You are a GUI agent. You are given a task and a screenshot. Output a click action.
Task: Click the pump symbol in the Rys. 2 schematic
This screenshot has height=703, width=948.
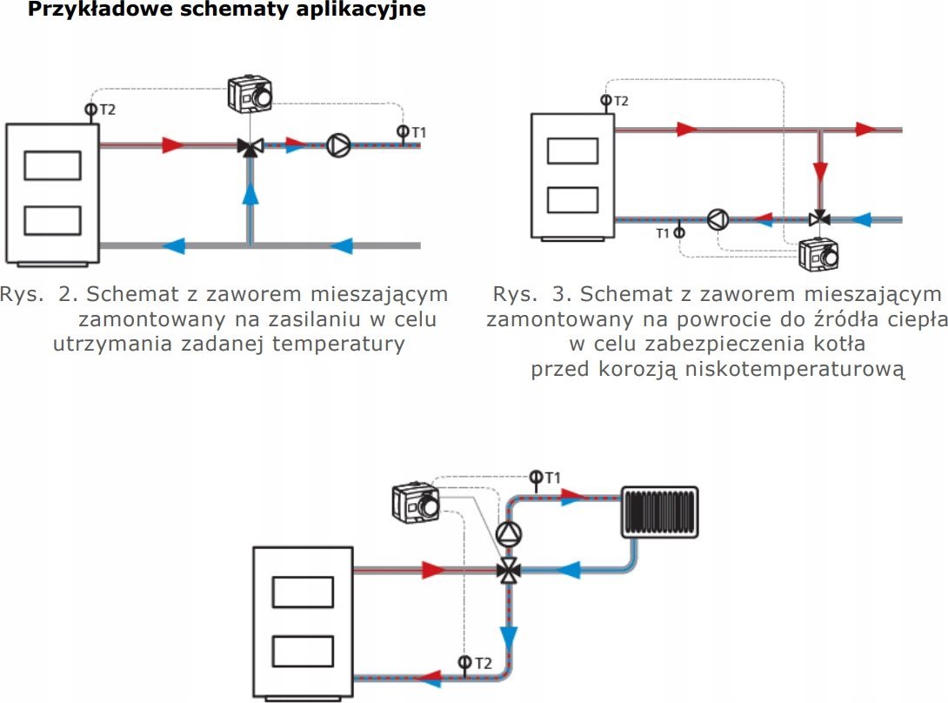click(338, 145)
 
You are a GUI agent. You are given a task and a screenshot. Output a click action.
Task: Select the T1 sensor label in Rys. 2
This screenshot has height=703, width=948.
click(419, 132)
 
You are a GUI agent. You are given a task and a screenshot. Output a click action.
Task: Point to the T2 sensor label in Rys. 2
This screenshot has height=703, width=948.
click(107, 110)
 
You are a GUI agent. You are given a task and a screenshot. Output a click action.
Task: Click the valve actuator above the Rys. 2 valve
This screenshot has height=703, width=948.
click(250, 94)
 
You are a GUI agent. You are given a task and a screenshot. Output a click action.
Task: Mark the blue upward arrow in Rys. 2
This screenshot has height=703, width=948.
click(250, 194)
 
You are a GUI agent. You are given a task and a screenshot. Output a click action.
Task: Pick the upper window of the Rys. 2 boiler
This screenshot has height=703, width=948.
click(52, 166)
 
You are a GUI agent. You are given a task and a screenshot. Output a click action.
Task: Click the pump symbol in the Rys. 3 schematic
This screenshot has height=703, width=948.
click(718, 219)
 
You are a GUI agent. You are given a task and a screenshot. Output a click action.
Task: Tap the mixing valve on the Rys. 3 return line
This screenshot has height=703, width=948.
click(820, 218)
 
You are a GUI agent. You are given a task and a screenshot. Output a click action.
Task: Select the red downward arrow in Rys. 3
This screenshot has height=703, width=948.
click(820, 171)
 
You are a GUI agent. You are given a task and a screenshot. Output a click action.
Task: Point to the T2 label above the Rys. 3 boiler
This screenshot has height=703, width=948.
click(621, 101)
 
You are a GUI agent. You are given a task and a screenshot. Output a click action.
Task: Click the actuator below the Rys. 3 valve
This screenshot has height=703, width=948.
click(818, 255)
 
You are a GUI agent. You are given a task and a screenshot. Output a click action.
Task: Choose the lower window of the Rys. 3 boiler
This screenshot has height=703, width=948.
click(572, 200)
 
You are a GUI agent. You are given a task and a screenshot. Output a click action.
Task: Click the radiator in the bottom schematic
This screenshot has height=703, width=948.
click(660, 512)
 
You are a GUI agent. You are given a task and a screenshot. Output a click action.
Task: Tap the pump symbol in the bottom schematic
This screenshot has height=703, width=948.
click(509, 533)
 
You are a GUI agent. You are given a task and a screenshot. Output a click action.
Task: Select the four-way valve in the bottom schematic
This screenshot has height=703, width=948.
click(509, 570)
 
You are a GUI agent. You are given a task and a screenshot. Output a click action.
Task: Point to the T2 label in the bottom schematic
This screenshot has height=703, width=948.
click(483, 664)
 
